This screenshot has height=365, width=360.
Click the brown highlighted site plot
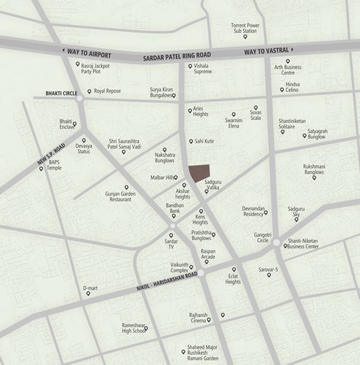pos(199,173)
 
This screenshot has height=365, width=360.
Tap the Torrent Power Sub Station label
pos(245,28)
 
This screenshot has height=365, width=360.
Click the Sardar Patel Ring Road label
pos(177,57)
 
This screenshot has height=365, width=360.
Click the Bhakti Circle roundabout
pos(79,98)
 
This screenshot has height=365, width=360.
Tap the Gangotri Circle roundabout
pos(276,242)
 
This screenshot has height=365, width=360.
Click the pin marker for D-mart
pos(88,294)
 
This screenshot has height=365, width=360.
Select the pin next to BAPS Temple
pos(41,169)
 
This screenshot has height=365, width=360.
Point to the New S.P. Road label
pos(51,155)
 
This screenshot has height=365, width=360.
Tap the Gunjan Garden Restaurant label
pos(120,197)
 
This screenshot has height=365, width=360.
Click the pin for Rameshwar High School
pos(146,328)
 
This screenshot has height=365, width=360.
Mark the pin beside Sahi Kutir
pos(191,141)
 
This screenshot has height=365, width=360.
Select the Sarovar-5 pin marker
pos(269,275)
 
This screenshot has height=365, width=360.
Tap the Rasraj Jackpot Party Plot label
pos(95,68)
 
